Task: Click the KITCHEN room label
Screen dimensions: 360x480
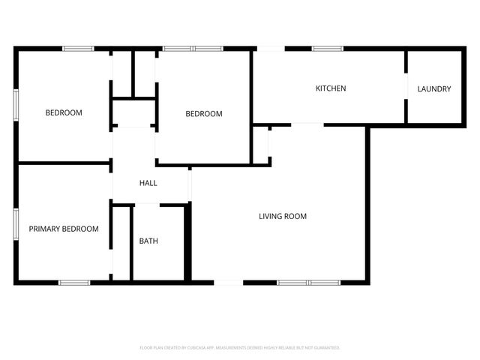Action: coord(330,88)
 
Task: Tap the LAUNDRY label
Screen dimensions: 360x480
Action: coord(434,89)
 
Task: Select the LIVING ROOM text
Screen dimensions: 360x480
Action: coord(283,217)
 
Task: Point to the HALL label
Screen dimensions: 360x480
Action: coord(148,183)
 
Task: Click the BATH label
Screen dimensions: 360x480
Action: coord(148,241)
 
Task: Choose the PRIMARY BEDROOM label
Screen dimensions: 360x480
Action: coord(64,229)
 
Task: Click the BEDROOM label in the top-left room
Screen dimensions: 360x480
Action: coord(64,112)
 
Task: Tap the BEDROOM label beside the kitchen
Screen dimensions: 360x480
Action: coord(204,114)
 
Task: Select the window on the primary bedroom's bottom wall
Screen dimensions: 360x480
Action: coord(74,283)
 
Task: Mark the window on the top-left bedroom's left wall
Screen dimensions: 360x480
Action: coord(16,105)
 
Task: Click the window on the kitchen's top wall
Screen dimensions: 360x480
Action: coord(328,49)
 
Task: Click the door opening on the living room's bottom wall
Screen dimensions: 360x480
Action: coord(228,283)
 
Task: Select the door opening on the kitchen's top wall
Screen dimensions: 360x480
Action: coord(271,49)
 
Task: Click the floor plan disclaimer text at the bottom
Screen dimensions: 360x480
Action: coord(240,348)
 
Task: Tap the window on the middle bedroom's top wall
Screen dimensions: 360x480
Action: coord(193,49)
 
